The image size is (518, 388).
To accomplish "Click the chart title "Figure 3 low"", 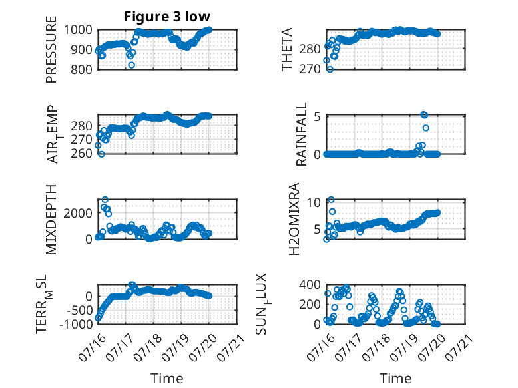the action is tap(167, 17).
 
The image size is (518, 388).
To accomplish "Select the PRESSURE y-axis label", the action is tap(51, 49).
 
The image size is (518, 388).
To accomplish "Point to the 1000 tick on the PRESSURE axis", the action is tap(78, 30).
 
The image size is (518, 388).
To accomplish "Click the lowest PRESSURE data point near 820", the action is tap(131, 65).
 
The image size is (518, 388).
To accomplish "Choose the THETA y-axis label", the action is tap(287, 49).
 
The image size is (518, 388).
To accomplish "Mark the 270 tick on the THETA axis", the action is tap(310, 69).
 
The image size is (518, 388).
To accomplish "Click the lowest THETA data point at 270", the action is tap(330, 69).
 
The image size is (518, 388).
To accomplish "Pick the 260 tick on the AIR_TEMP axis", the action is tap(81, 154).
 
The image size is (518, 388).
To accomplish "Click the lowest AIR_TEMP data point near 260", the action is tap(101, 154).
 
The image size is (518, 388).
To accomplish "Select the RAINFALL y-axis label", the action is tap(302, 134).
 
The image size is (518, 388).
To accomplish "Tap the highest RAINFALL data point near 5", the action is tap(425, 115).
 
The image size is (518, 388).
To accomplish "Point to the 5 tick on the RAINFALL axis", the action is tap(318, 117).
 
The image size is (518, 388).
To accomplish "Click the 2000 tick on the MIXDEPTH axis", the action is tap(78, 214).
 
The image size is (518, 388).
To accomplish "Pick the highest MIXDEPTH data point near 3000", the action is tap(105, 200).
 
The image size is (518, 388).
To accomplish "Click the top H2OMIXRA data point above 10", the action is tap(331, 200).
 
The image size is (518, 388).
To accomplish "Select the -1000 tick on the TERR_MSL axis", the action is tap(77, 324).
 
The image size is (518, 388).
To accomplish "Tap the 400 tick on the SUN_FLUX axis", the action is tap(310, 284).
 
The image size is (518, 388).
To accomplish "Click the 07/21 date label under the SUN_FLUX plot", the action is tap(458, 347).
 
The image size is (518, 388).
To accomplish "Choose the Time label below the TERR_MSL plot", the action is tap(167, 379).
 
